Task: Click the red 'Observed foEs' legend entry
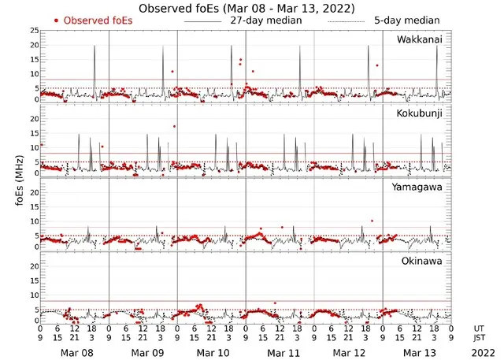coord(94,20)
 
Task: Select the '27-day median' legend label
coord(265,20)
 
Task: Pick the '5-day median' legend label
coord(406,20)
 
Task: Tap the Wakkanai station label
coord(418,39)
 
